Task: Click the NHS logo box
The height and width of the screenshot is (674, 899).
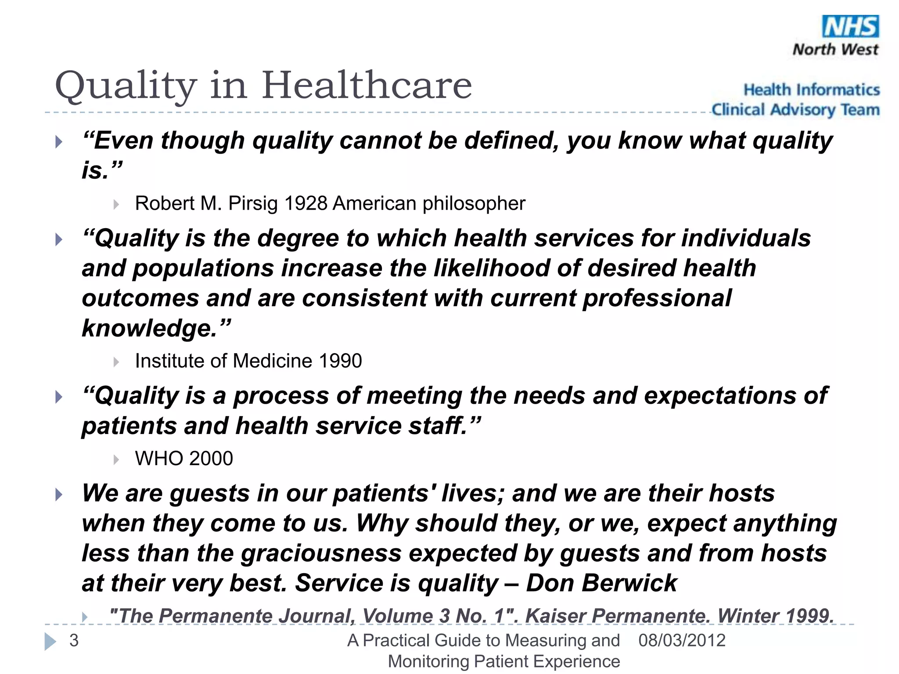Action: pos(850,26)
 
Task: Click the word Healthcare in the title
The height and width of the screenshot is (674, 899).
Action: pos(367,85)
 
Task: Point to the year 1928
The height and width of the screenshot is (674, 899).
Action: pos(306,204)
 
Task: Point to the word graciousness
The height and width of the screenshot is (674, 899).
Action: pos(321,553)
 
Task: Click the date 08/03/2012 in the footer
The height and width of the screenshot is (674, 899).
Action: pos(682,641)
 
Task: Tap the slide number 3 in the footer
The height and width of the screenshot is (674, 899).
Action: pos(74,641)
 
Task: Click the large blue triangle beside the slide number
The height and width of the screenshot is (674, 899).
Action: pos(50,642)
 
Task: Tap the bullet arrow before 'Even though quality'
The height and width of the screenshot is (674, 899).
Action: pos(59,142)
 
